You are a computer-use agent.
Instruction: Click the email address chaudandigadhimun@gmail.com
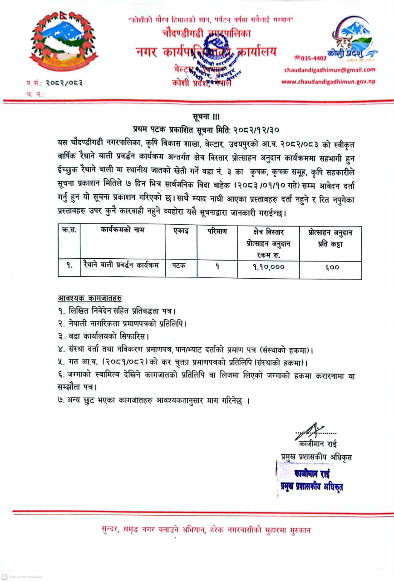coord(330,70)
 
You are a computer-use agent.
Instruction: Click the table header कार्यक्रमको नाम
coord(123,230)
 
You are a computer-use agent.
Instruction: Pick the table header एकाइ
coord(181,231)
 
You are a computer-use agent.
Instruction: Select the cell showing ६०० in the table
coord(332,267)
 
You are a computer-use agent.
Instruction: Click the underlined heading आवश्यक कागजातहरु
coord(90,298)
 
